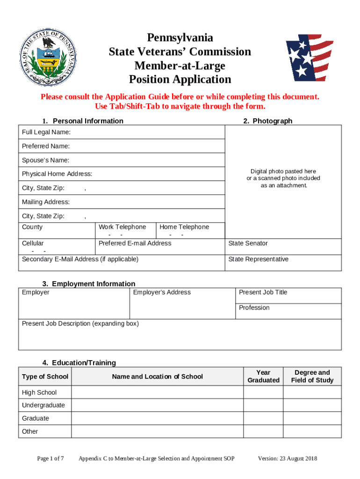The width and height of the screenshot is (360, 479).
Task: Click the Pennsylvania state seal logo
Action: pyautogui.click(x=48, y=57)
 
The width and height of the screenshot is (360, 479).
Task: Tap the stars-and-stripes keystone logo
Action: pyautogui.click(x=309, y=57)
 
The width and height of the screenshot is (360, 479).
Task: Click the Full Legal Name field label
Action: pyautogui.click(x=46, y=132)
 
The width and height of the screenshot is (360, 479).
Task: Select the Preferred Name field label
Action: pyautogui.click(x=46, y=146)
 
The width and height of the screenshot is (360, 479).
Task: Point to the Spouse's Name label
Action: pyautogui.click(x=45, y=160)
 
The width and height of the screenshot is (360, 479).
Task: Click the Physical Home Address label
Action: pyautogui.click(x=57, y=174)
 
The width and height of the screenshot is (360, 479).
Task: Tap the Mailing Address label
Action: pyautogui.click(x=46, y=202)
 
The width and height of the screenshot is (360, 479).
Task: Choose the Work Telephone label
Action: pyautogui.click(x=122, y=227)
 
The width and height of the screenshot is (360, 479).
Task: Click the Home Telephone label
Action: pyautogui.click(x=184, y=227)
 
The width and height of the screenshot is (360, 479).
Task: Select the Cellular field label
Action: pyautogui.click(x=33, y=243)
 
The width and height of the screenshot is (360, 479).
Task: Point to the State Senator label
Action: pyautogui.click(x=248, y=243)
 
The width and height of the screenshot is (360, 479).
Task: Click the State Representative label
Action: pyautogui.click(x=258, y=259)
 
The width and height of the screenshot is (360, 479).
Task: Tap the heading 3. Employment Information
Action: pyautogui.click(x=89, y=284)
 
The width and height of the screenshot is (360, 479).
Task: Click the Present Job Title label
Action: pyautogui.click(x=263, y=292)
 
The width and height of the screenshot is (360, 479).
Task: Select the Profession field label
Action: pyautogui.click(x=254, y=308)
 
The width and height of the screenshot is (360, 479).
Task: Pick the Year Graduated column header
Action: pyautogui.click(x=263, y=376)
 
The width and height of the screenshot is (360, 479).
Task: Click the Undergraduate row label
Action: pyautogui.click(x=43, y=405)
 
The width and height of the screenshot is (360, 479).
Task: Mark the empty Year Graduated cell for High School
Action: pyautogui.click(x=263, y=392)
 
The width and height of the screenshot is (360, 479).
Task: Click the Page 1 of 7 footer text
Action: pyautogui.click(x=50, y=458)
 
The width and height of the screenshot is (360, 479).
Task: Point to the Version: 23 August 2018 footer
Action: pyautogui.click(x=288, y=458)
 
